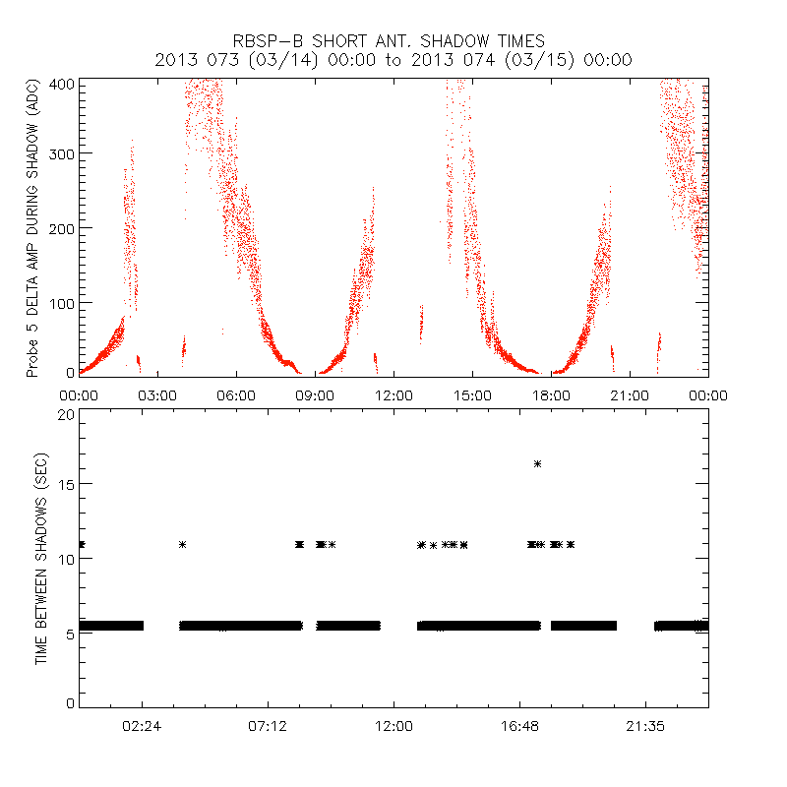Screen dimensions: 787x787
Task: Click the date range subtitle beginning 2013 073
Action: [393, 60]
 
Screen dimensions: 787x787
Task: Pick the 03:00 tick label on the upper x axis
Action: [157, 394]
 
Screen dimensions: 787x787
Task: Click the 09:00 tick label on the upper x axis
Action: [315, 394]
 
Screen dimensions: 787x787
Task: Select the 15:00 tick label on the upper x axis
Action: [472, 394]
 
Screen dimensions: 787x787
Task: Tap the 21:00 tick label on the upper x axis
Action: [630, 394]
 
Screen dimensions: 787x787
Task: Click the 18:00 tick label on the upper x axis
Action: [551, 394]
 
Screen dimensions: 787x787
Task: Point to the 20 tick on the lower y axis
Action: [67, 414]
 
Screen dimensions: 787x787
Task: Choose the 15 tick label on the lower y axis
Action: [67, 484]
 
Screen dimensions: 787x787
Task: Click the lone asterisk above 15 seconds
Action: [537, 463]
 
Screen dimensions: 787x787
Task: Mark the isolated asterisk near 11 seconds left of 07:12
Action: [182, 544]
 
